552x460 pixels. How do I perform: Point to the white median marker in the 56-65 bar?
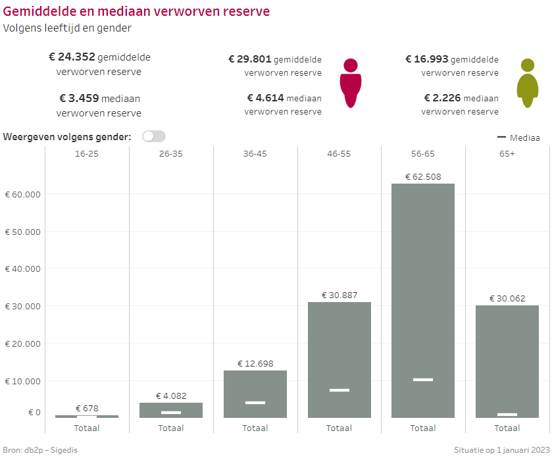(423, 380)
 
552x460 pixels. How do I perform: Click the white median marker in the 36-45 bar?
(255, 403)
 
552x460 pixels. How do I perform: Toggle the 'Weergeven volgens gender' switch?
(153, 136)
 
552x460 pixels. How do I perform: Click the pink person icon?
(351, 83)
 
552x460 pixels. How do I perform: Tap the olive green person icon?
(528, 83)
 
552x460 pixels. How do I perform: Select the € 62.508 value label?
(423, 176)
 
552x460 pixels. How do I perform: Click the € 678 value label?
(87, 408)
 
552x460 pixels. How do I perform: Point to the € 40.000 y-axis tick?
(22, 269)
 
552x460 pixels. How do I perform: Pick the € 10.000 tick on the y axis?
(22, 381)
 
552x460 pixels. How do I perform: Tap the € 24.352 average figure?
(72, 57)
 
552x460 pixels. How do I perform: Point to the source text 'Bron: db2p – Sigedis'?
(44, 449)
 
